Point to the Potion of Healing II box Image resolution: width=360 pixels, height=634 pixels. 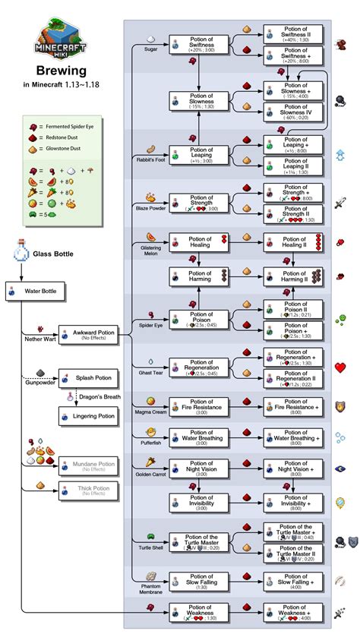click(x=293, y=244)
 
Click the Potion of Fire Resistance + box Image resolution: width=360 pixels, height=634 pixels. click(x=293, y=408)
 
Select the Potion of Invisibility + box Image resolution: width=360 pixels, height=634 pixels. click(x=293, y=502)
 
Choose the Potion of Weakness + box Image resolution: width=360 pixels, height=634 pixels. click(x=293, y=611)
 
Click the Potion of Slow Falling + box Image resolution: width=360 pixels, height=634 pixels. click(x=293, y=582)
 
